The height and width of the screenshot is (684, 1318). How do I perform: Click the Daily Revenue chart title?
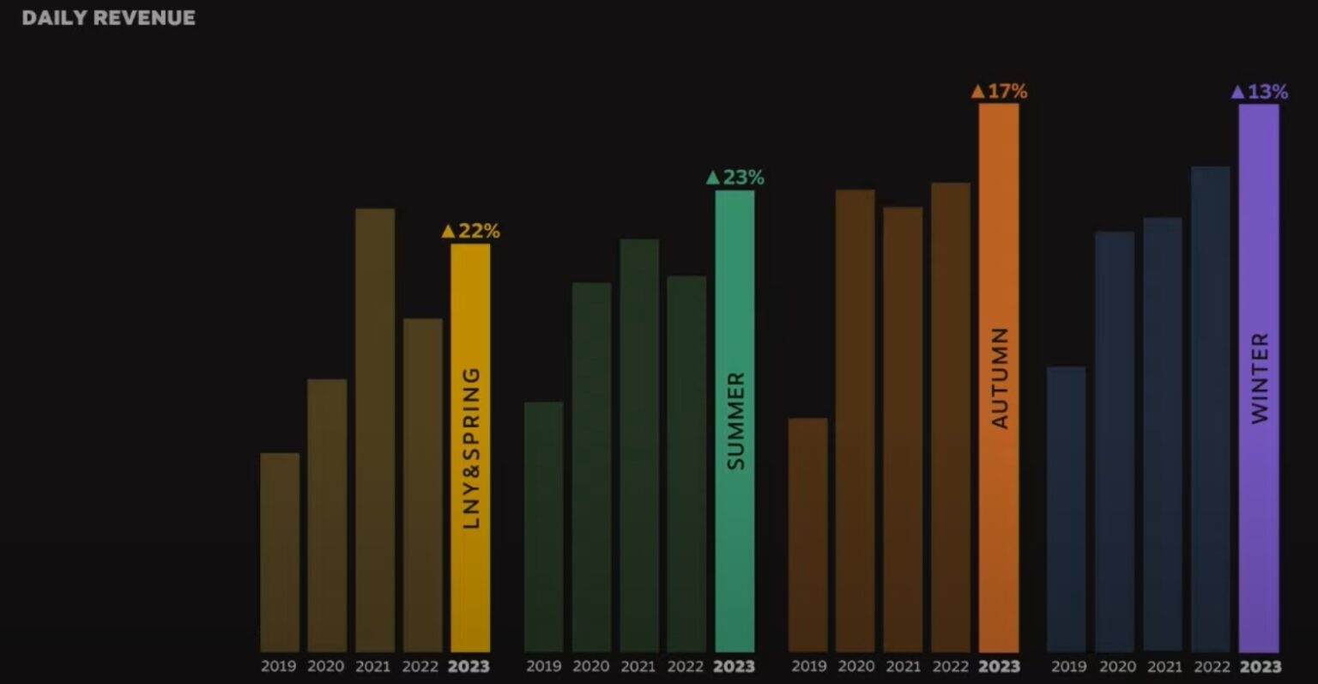108,18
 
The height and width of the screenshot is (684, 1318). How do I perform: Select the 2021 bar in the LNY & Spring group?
375,429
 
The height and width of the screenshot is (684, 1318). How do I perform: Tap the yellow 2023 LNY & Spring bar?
470,446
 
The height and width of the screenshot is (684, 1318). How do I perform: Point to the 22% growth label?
470,231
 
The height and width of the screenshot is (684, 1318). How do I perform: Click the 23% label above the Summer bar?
735,178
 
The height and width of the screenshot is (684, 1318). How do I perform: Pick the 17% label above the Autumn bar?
999,91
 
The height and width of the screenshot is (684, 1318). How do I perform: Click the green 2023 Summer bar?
735,421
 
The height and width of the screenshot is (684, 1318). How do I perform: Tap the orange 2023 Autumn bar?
999,378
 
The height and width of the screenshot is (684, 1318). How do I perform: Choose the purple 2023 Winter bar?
1259,378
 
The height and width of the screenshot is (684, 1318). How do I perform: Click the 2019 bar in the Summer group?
544,526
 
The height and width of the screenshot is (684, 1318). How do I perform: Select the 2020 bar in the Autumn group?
855,421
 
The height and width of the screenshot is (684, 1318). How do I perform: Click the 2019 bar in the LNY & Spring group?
280,552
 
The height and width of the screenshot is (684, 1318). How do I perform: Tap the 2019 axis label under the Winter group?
1068,667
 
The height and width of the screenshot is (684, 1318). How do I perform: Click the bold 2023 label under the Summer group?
734,667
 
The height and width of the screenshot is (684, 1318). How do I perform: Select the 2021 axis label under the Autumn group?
903,667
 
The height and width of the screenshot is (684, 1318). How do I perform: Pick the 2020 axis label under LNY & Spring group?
325,667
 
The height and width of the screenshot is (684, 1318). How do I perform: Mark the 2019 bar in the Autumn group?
808,535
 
